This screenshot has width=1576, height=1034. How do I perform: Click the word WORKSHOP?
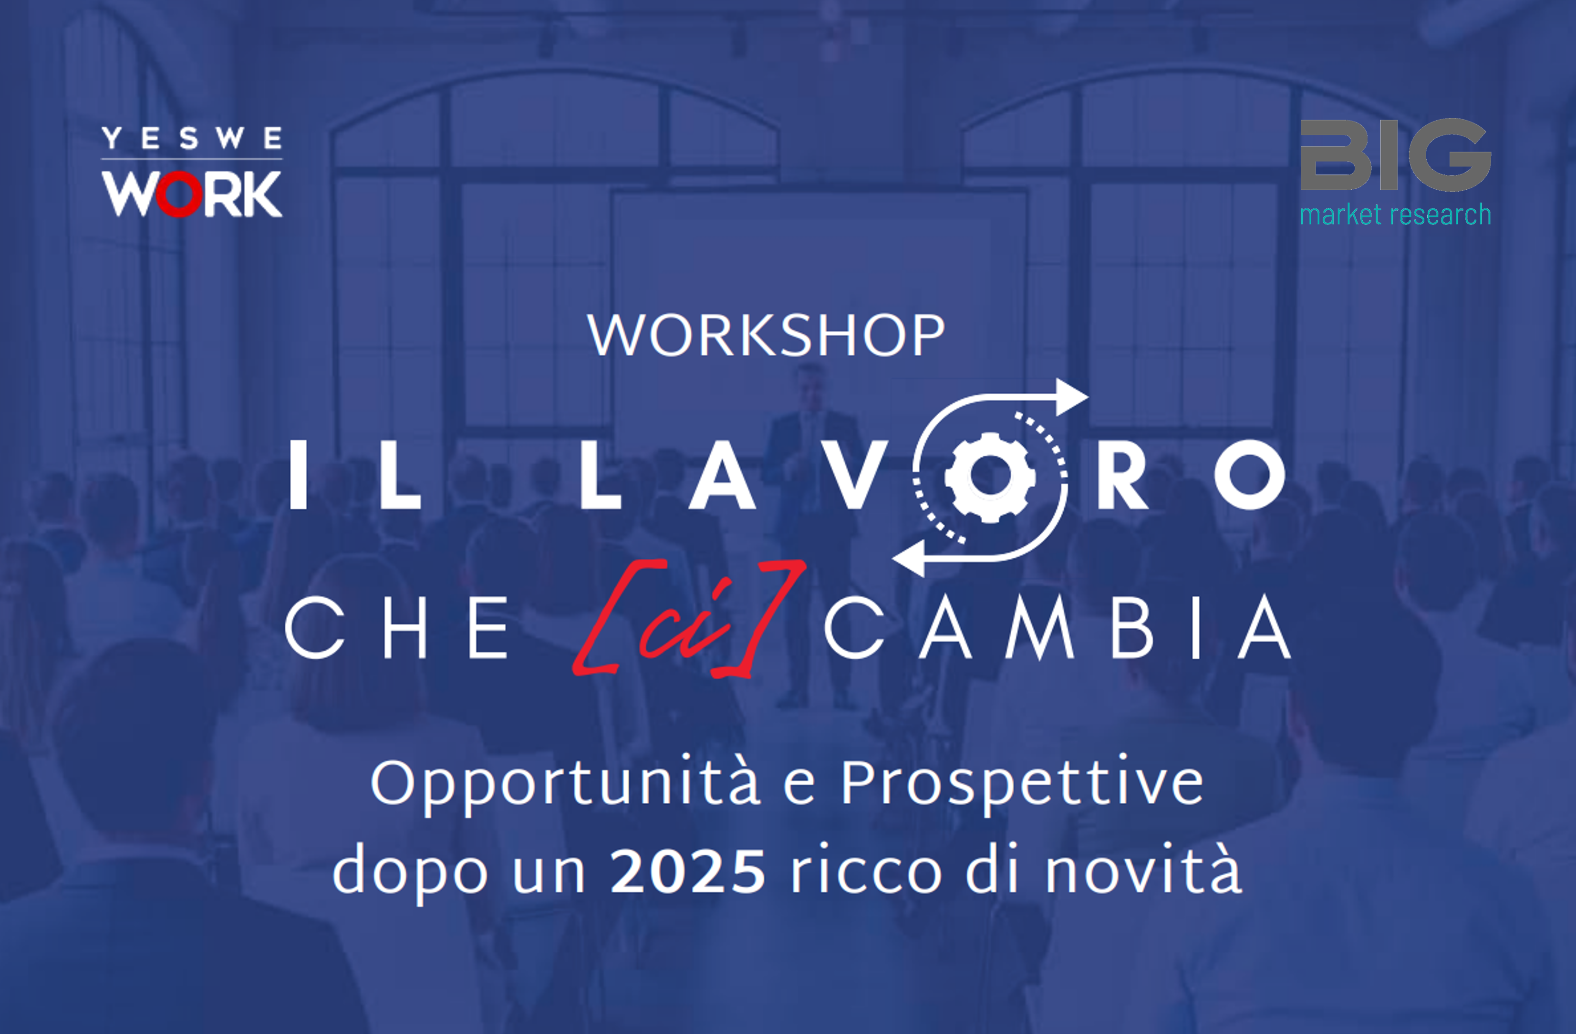766,336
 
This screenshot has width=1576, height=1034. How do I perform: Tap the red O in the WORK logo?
178,195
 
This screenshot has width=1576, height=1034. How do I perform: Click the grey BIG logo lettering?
1395,155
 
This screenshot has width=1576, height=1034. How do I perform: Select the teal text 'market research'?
1395,215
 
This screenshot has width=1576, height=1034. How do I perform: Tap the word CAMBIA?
1058,627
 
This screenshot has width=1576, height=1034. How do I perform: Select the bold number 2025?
688,871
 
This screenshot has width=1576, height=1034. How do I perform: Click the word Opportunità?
565,784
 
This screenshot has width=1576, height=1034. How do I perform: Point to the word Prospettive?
1022,784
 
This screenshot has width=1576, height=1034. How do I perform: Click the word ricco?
866,871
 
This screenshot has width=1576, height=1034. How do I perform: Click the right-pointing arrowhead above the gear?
1071,397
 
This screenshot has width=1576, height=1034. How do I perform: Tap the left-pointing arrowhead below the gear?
909,557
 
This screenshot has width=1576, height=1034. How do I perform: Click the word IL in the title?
355,475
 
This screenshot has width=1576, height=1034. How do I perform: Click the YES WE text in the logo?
192,138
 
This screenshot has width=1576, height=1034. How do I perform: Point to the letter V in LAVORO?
858,475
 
